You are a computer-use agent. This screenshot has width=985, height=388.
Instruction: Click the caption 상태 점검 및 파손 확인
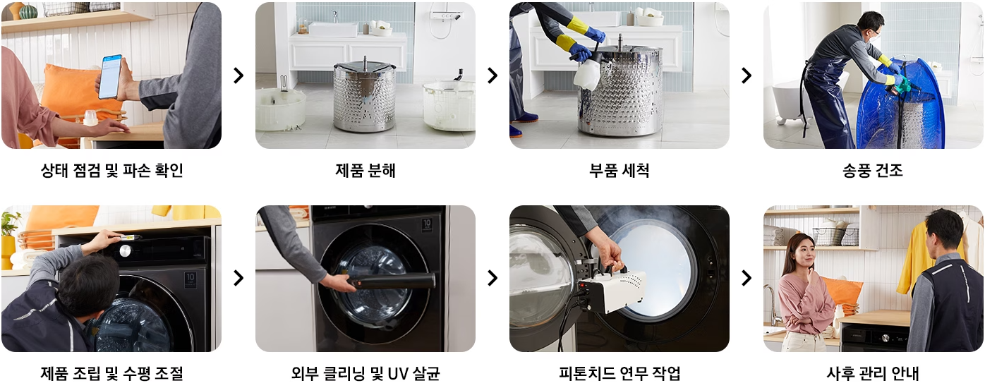click(x=111, y=170)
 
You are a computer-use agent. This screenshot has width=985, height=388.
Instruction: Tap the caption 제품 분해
click(x=365, y=170)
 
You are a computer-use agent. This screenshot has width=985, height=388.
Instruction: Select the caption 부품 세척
click(x=619, y=170)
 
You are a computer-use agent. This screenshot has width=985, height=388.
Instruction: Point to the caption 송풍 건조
click(x=873, y=170)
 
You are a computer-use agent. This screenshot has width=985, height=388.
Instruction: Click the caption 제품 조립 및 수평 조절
click(x=111, y=373)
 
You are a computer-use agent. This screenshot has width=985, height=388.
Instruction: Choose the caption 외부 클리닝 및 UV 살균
click(x=365, y=373)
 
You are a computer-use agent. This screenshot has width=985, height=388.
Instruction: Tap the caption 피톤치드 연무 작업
click(x=619, y=373)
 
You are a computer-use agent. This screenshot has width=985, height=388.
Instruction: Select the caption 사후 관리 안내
click(x=873, y=373)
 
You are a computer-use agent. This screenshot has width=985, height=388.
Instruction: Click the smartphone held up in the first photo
click(x=110, y=76)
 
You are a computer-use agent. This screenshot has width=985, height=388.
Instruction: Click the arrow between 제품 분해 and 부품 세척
click(x=492, y=75)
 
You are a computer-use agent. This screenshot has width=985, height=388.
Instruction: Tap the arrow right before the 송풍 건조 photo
click(x=747, y=75)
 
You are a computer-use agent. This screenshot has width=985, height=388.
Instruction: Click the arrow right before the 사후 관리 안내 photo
click(x=747, y=278)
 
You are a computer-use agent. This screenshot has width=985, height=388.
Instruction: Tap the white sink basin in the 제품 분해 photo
click(x=333, y=29)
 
